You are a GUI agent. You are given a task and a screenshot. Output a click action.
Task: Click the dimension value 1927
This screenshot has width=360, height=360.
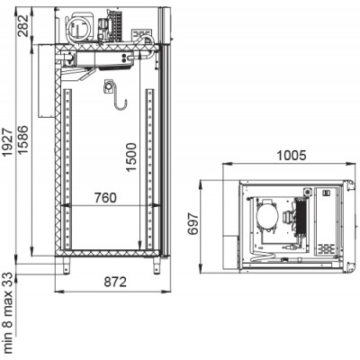click(7, 143)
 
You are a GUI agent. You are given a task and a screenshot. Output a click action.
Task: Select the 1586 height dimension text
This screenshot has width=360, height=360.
click(23, 139)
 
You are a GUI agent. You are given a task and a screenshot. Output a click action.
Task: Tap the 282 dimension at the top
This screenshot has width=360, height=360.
click(23, 25)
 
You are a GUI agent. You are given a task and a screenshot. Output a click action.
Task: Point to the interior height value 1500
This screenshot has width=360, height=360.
click(131, 157)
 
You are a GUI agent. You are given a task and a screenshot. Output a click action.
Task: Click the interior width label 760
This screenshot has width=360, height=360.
click(105, 198)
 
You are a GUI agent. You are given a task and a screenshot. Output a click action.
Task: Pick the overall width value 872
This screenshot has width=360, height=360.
click(115, 282)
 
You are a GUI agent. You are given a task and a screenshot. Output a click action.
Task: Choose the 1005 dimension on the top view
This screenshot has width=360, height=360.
click(291, 156)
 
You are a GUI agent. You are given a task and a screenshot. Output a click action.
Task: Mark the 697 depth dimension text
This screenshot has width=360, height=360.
click(193, 223)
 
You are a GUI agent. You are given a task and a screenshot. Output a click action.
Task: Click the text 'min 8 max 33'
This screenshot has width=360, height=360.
click(9, 312)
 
